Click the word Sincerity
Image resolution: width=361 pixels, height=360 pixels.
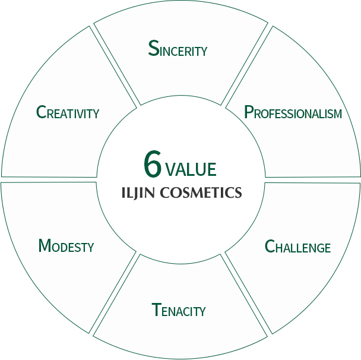click(178, 49)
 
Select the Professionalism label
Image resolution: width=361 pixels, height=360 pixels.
click(293, 112)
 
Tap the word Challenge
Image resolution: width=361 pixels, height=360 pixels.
click(297, 247)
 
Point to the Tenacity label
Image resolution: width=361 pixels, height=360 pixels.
click(179, 310)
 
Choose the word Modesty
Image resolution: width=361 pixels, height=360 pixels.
click(66, 245)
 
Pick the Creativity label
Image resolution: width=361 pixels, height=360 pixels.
click(68, 112)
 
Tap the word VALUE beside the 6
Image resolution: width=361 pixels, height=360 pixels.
click(191, 169)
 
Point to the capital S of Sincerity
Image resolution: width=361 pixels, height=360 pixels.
click(154, 48)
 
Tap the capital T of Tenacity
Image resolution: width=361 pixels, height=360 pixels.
click(157, 310)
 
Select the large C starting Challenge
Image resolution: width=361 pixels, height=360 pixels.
click(270, 246)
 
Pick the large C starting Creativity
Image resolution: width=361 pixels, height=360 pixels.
click(41, 112)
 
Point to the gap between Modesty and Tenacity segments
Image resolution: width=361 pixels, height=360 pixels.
click(115, 295)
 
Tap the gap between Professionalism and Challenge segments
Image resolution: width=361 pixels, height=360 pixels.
click(312, 179)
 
